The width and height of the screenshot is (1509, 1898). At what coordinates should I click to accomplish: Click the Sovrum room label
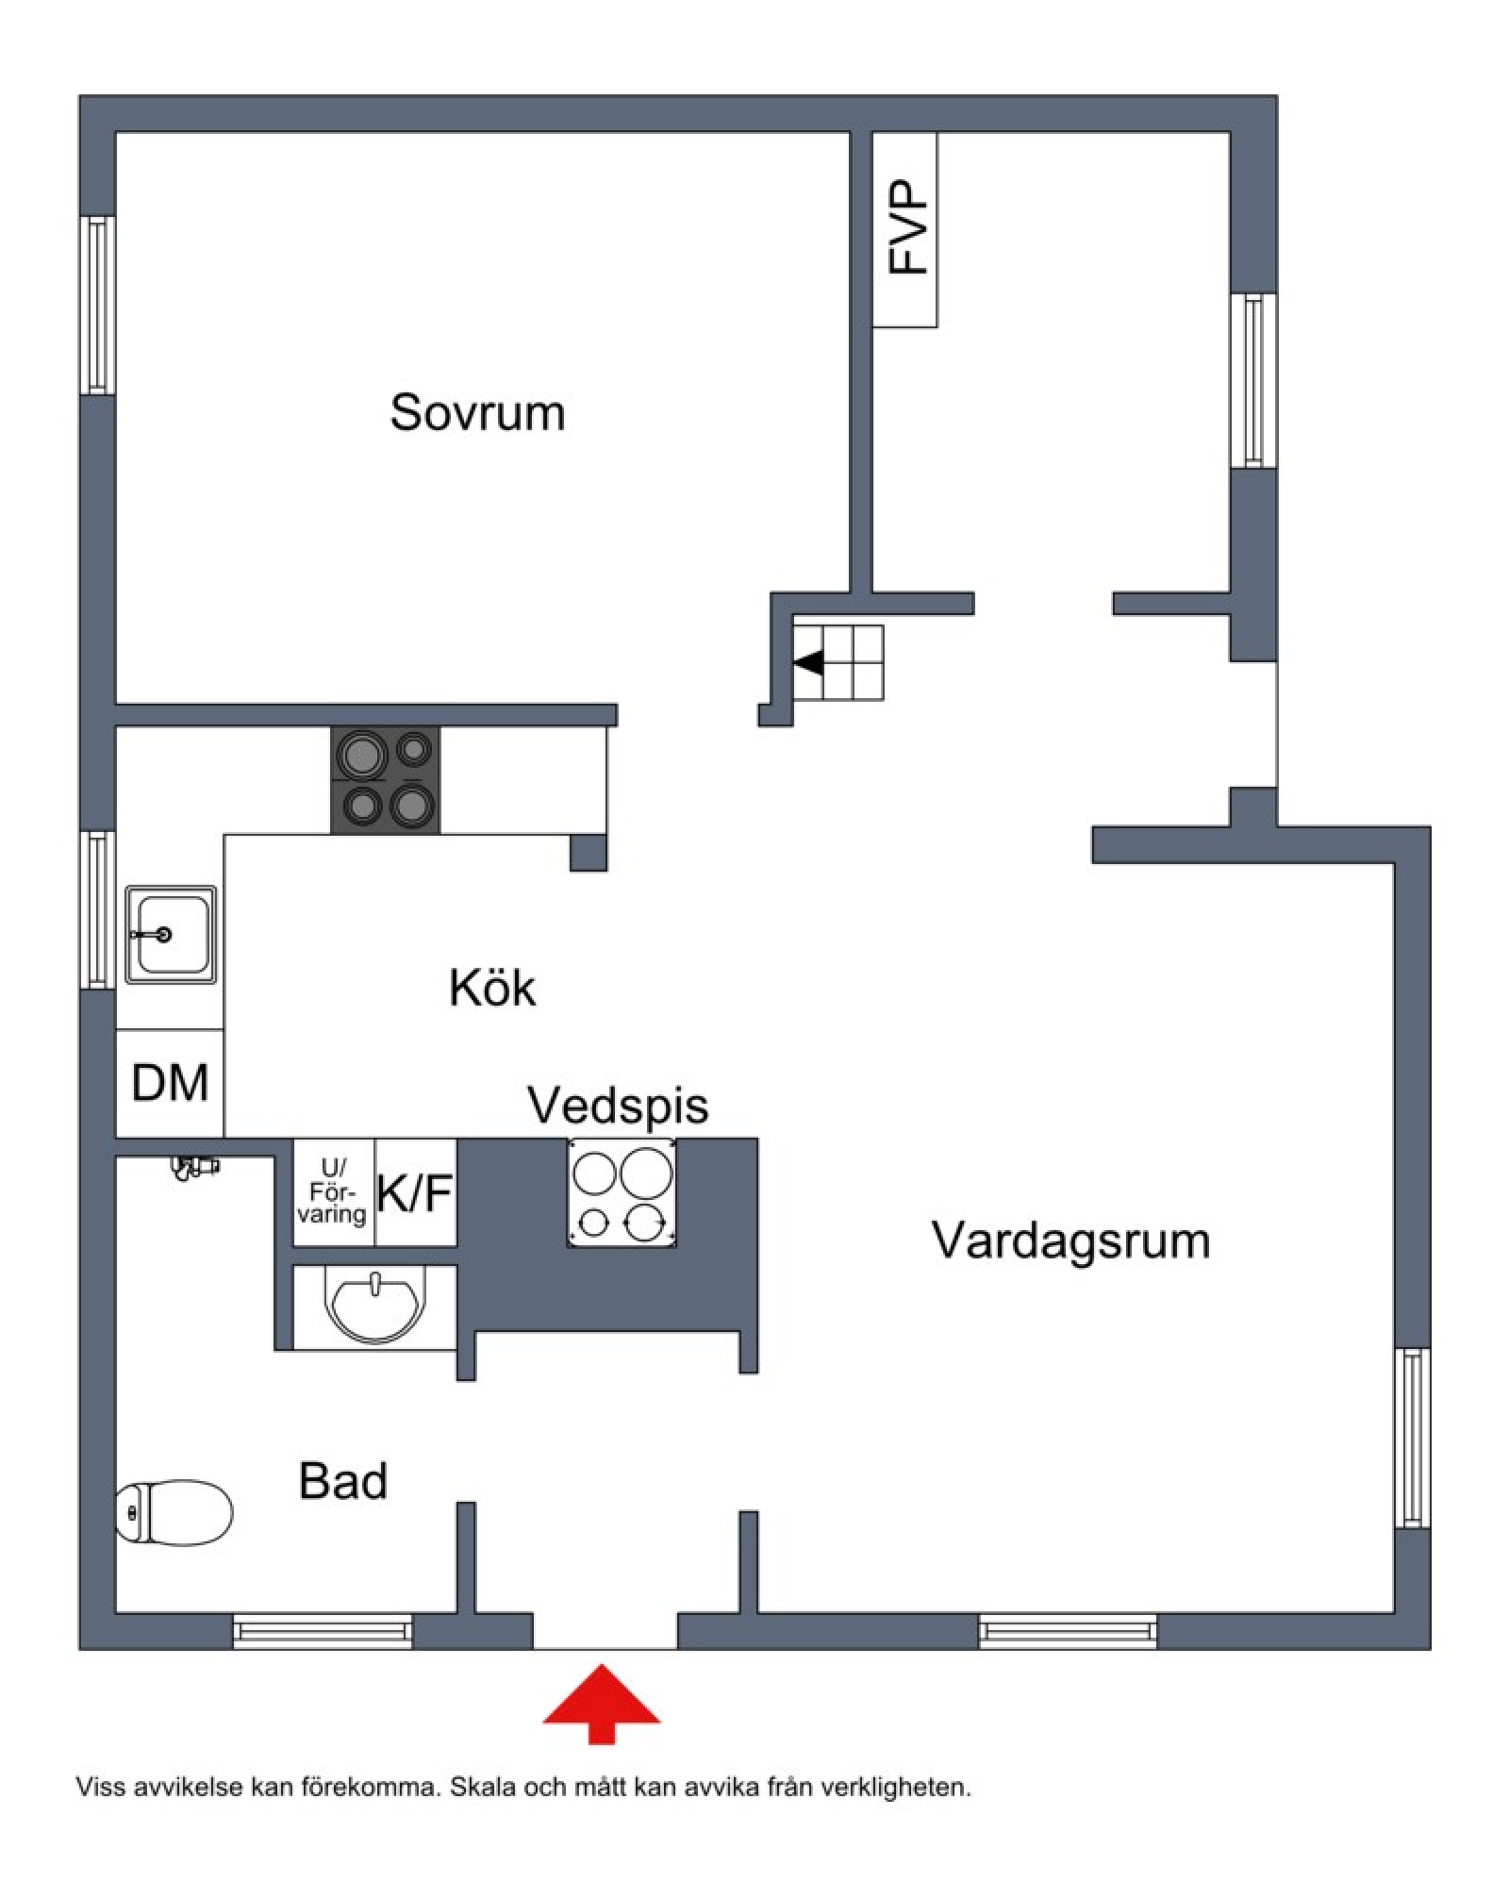(x=477, y=413)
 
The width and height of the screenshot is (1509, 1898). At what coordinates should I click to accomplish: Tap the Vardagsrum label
(x=1070, y=1240)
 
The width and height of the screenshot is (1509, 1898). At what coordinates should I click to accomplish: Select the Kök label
(x=492, y=988)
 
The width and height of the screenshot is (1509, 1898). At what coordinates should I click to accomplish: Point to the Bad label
(x=343, y=1481)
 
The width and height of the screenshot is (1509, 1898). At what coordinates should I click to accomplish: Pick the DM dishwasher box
(x=170, y=1083)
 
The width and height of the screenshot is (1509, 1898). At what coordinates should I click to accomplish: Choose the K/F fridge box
(x=416, y=1193)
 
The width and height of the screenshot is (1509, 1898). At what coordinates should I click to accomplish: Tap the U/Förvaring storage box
(x=334, y=1193)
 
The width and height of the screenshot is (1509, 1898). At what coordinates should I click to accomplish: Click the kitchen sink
(x=171, y=935)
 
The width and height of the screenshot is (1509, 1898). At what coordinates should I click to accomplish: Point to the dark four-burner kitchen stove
(x=385, y=780)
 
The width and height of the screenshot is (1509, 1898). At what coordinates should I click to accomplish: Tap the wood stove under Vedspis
(x=622, y=1193)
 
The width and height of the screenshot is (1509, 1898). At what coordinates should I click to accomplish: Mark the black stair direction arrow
(x=808, y=663)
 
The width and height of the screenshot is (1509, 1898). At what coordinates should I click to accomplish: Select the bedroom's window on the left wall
(x=96, y=305)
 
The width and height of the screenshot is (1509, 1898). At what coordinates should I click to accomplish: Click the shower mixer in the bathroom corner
(x=193, y=1167)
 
